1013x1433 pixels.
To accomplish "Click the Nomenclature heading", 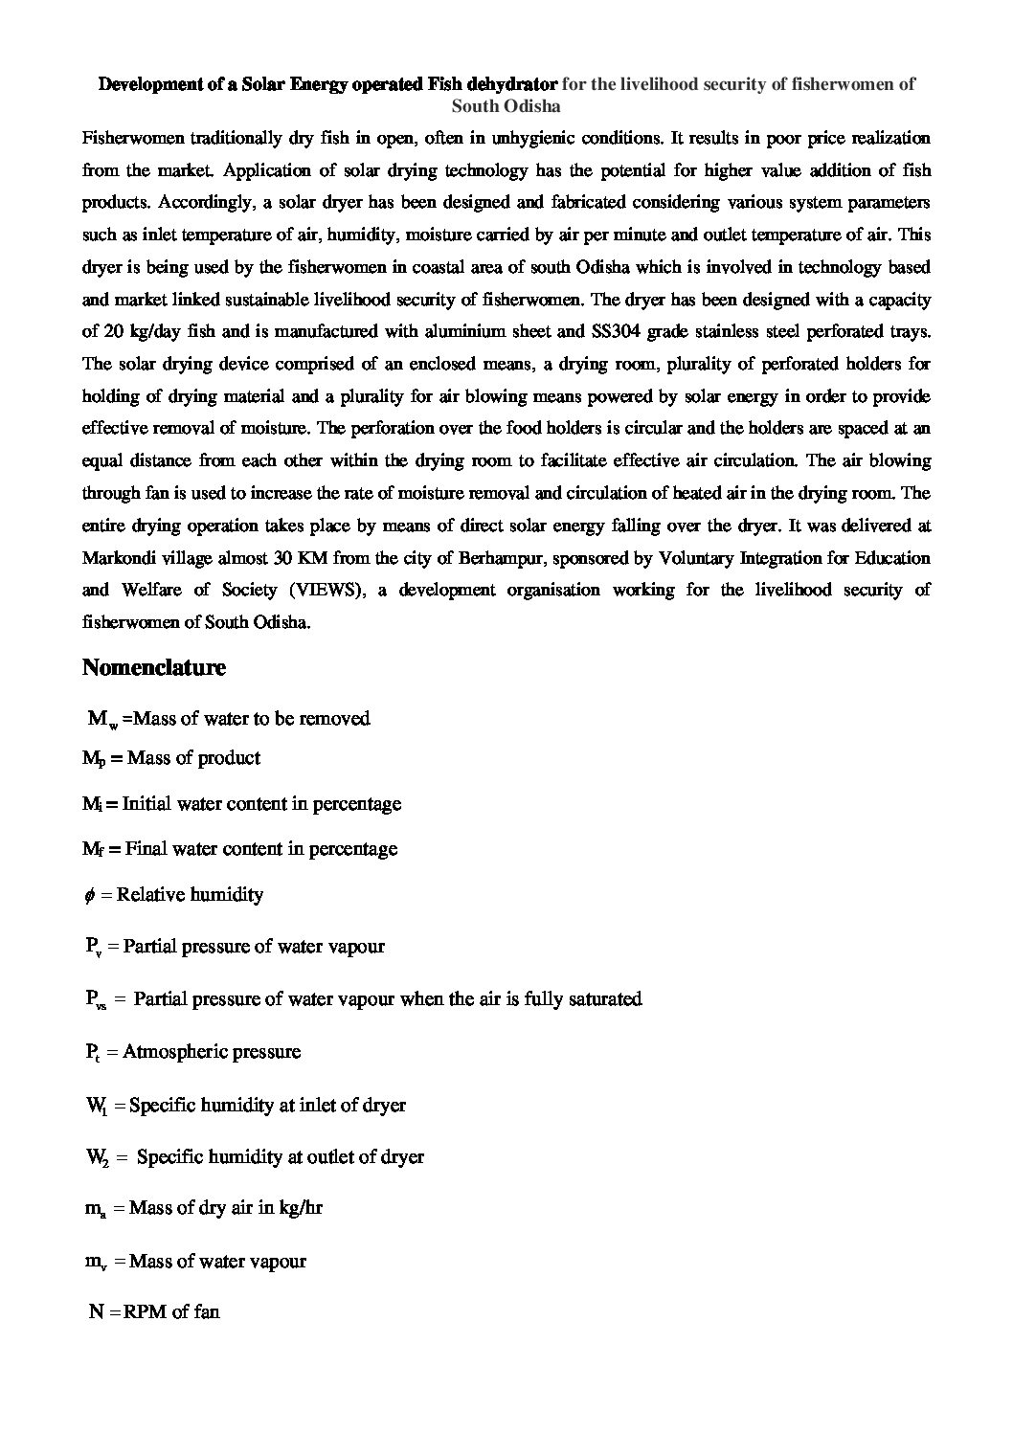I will pos(154,668).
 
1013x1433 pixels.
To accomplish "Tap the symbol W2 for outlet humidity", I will pos(97,1157).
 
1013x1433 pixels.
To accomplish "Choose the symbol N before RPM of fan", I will pos(96,1312).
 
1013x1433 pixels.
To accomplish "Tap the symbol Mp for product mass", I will pos(92,759).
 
